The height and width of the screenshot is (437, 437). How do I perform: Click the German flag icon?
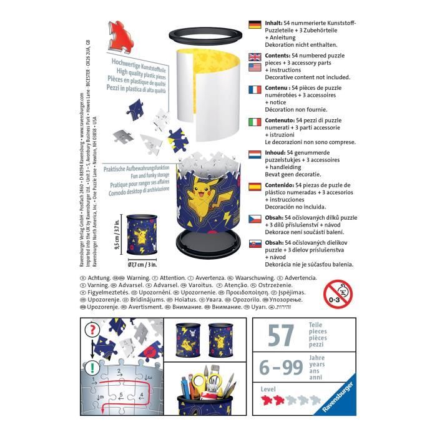tap(254, 25)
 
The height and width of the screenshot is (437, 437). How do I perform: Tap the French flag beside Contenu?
tap(254, 91)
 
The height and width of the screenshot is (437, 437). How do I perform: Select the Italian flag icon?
tap(254, 122)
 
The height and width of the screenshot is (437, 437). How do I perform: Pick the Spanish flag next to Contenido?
tap(254, 187)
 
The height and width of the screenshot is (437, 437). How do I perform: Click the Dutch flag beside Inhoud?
tap(254, 154)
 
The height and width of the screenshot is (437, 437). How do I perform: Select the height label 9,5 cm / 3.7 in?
tap(118, 233)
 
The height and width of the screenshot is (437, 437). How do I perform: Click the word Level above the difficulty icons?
tap(268, 388)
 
